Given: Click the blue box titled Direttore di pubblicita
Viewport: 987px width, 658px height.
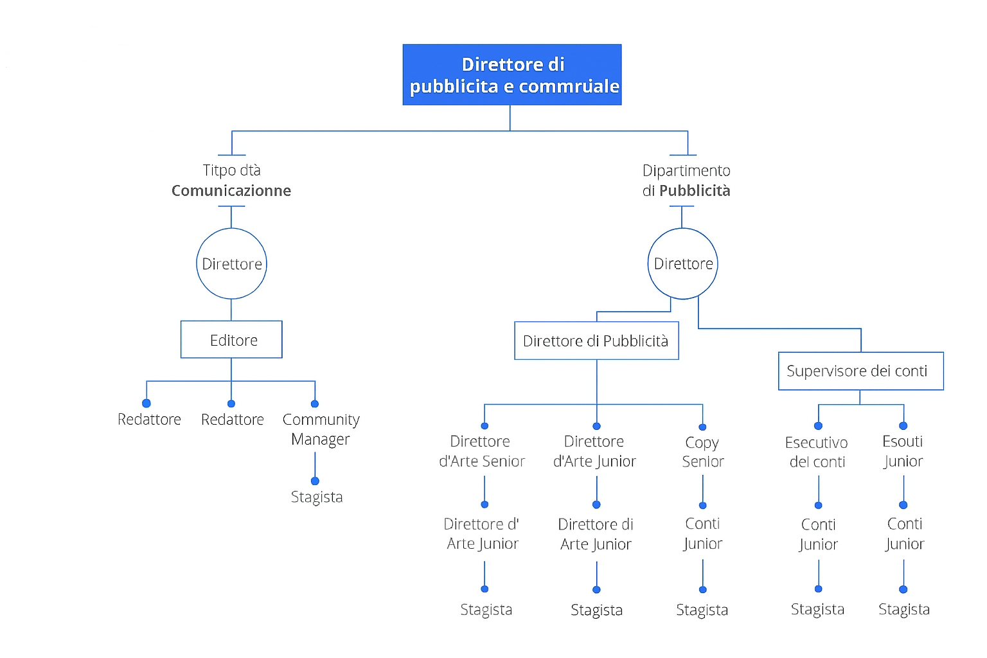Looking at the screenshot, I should click(511, 75).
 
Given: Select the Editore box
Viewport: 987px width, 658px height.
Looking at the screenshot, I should click(231, 340).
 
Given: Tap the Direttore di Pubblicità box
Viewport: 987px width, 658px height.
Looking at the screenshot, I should click(596, 341).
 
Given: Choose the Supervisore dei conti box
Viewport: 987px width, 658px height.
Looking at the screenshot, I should click(860, 371).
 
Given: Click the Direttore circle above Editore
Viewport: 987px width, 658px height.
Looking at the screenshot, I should click(231, 263).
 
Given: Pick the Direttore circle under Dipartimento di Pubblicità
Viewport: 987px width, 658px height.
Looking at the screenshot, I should click(682, 263).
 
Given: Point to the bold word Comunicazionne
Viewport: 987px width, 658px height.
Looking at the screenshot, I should click(231, 191).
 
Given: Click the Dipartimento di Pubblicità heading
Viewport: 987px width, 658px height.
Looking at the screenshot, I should click(686, 181).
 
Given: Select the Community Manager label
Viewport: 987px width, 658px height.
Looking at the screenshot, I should click(321, 429).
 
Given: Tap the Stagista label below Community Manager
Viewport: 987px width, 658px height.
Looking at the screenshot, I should click(317, 497).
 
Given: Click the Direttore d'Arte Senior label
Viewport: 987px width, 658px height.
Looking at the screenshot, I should click(481, 451).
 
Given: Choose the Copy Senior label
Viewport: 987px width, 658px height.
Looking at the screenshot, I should click(702, 452).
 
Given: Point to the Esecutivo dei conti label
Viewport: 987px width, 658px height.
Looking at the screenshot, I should click(817, 452).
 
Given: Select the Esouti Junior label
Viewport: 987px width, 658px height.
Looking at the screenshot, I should click(903, 451).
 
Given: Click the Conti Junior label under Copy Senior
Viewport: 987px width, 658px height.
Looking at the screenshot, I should click(702, 533).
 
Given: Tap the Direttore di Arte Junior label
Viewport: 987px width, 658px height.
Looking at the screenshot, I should click(596, 534).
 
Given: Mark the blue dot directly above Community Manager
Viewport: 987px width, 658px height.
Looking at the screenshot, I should click(315, 404).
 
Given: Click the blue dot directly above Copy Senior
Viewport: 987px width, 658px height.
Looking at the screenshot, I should click(702, 427).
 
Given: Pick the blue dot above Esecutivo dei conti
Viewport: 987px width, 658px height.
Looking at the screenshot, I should click(818, 426).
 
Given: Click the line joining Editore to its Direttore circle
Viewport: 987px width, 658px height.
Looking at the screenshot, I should click(231, 310).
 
